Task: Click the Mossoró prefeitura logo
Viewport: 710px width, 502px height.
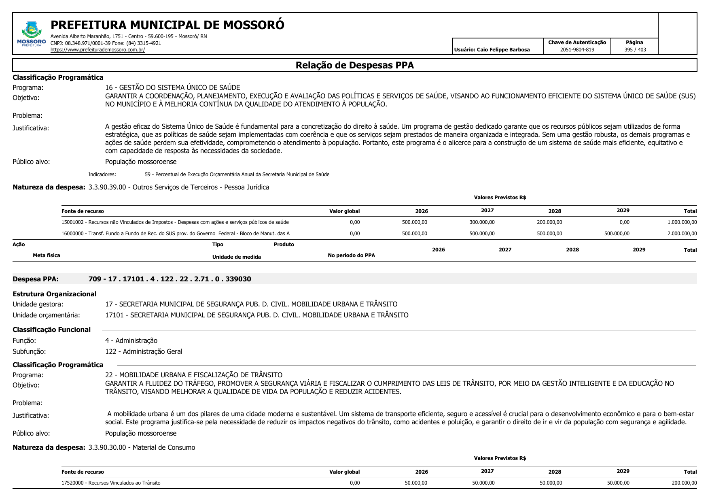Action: pos(31,34)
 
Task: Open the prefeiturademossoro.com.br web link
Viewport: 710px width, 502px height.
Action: pos(97,50)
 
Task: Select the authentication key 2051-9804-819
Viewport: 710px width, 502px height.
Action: pos(577,50)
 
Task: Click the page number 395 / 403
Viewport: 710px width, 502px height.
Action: pos(635,50)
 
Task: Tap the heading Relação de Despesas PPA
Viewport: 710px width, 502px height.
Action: pos(354,65)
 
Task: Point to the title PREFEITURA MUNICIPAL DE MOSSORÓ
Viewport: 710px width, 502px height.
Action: pos(167,25)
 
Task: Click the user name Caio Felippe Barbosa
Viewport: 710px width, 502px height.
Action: pos(492,50)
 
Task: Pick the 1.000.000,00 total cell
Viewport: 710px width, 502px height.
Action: pos(682,222)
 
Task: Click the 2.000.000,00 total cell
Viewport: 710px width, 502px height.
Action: pos(682,234)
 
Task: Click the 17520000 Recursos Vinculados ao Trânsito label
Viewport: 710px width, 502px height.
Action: pos(111,483)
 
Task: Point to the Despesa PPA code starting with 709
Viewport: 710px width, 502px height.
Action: pos(170,279)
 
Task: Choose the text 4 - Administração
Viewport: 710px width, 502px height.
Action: pos(131,340)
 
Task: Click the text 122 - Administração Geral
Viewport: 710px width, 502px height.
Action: pos(144,351)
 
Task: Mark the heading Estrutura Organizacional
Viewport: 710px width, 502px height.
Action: pos(55,294)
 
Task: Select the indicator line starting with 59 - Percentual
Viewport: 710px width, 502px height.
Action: pos(237,174)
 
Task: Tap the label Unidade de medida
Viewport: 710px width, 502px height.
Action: pos(236,257)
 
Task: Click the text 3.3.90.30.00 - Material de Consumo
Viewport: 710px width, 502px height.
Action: pos(142,447)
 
